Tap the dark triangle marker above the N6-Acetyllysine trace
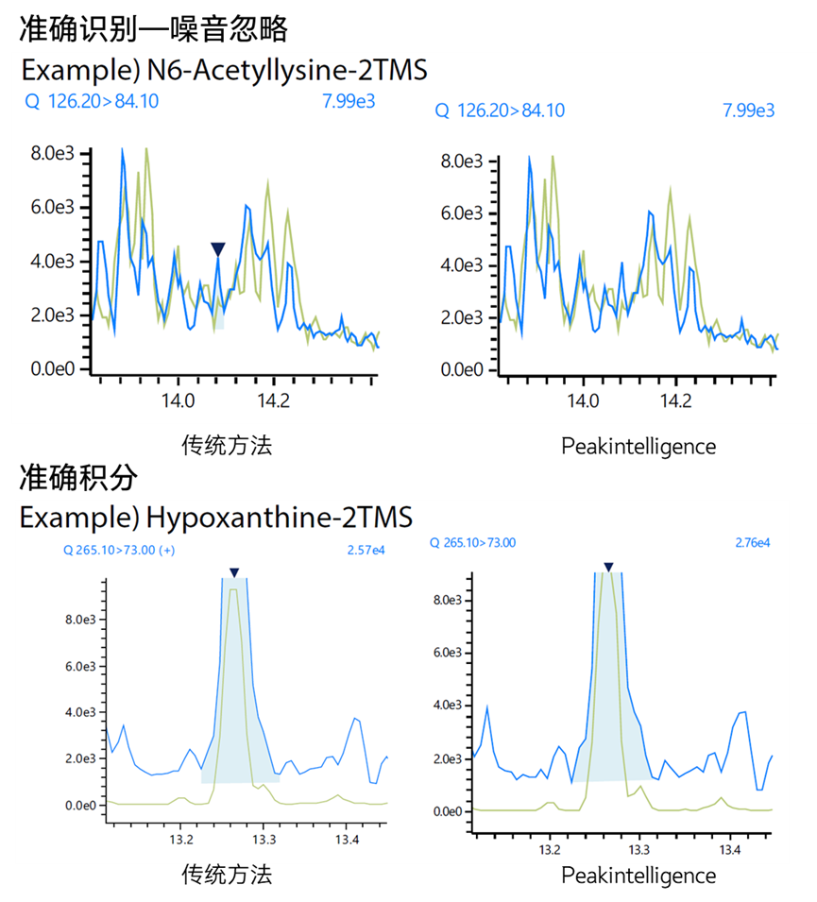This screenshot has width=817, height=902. coord(218,249)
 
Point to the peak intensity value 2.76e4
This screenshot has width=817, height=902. coord(753,543)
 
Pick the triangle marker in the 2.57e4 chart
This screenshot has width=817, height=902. coord(234,572)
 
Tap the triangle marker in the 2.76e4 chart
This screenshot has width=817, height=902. coord(609,567)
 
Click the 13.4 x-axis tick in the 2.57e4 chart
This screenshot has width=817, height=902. coord(347,838)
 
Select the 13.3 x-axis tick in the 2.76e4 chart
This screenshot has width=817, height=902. coord(639,850)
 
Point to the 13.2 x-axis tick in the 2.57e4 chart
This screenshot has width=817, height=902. coord(182,838)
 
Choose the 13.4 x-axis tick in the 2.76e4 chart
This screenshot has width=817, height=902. coord(729,850)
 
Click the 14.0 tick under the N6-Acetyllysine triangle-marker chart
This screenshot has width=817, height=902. coord(179,400)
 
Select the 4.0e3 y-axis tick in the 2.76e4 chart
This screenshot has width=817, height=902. coord(449,705)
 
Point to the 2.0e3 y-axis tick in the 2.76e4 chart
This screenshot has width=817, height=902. coord(449,757)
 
